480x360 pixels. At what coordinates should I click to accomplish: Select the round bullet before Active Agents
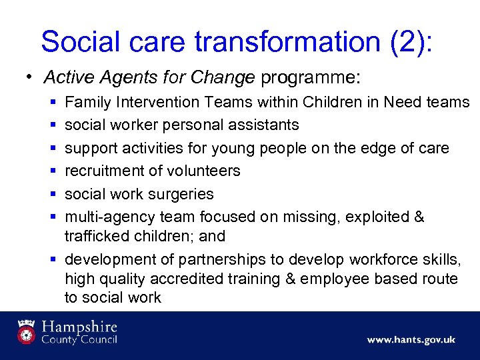tap(29, 77)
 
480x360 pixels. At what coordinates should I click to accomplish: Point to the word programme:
tap(310, 78)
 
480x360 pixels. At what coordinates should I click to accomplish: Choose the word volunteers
tap(202, 171)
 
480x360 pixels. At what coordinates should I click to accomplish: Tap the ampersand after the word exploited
tap(418, 217)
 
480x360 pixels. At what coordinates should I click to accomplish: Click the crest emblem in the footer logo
tap(27, 331)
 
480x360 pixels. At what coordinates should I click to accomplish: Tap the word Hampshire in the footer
tap(79, 327)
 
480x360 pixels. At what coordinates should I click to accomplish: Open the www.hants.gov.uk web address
tap(411, 339)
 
